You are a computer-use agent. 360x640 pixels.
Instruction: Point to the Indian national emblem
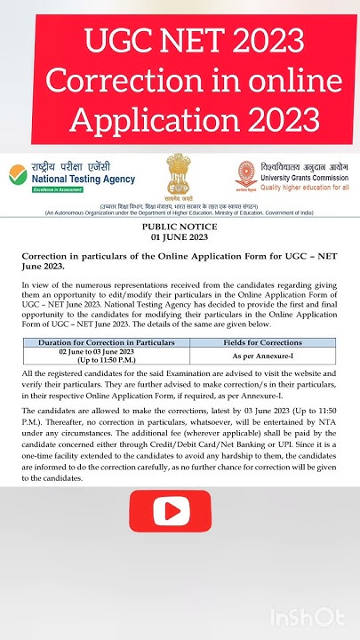(179, 172)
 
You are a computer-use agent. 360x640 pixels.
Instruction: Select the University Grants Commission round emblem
(246, 174)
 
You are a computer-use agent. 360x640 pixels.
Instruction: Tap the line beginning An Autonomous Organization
(179, 213)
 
